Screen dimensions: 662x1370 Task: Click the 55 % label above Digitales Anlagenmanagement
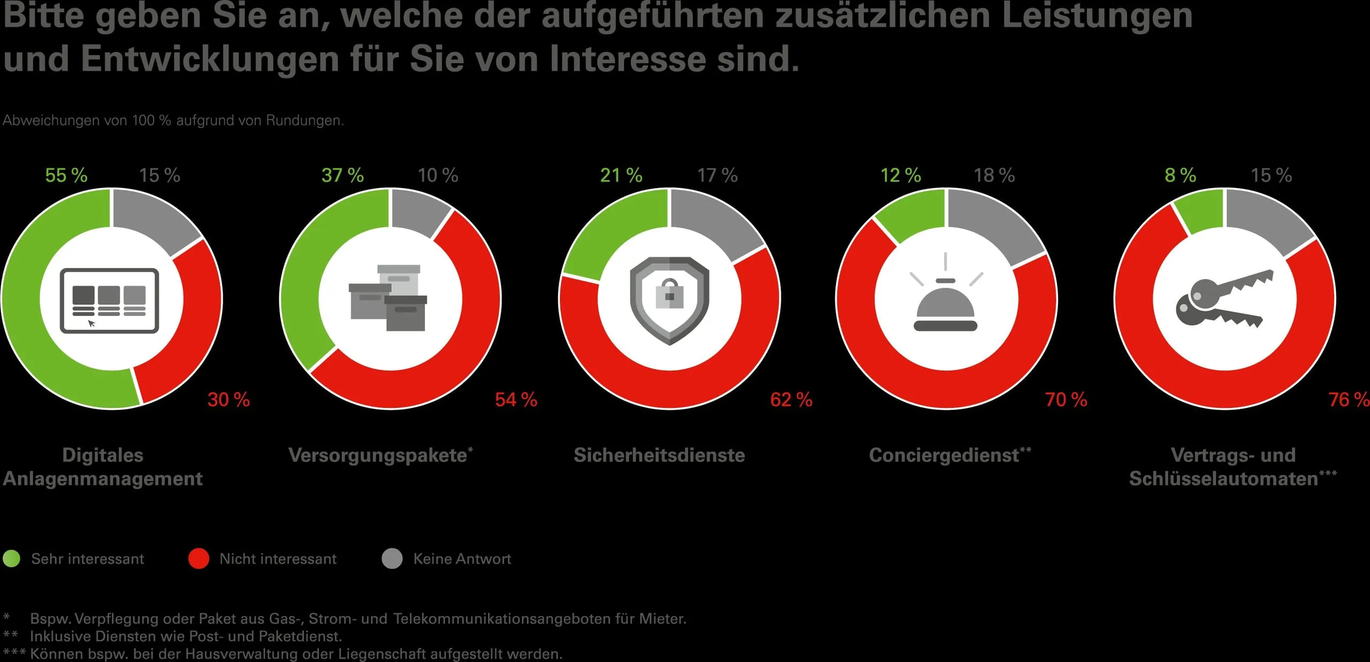[66, 175]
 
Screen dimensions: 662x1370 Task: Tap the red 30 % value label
[229, 399]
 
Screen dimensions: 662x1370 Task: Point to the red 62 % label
[791, 399]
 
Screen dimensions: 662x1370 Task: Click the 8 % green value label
[1180, 175]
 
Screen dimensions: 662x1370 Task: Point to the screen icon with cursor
[109, 301]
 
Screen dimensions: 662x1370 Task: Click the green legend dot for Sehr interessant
[11, 558]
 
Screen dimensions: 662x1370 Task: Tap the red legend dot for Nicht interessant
[199, 558]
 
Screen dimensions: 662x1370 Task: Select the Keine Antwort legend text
[462, 559]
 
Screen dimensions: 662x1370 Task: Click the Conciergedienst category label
[944, 455]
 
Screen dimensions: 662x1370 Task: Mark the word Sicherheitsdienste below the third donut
[659, 455]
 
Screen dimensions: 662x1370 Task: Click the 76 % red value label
[1348, 399]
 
